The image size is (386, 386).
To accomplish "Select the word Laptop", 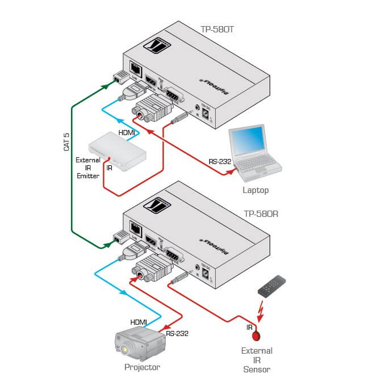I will [255, 191].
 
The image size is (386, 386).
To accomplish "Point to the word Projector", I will [142, 367].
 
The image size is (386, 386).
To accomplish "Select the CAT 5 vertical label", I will [66, 141].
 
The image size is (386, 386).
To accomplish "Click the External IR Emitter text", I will [88, 168].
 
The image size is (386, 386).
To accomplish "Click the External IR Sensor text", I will [257, 360].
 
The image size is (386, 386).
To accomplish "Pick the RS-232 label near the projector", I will [177, 333].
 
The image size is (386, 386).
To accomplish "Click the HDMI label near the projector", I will [139, 322].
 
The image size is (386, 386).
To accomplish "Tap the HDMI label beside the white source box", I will [127, 133].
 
